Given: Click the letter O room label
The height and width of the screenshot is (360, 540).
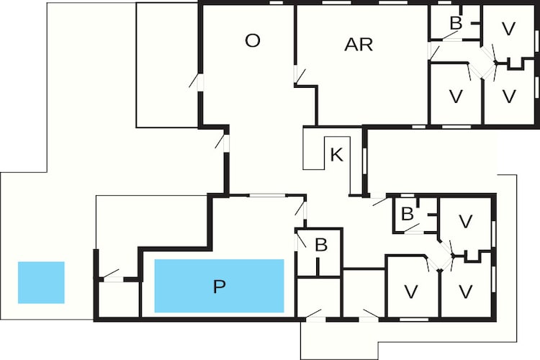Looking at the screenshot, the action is [x=253, y=40].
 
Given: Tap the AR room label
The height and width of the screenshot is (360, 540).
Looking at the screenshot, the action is [x=359, y=45].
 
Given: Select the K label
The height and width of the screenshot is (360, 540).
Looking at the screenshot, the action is [x=336, y=155].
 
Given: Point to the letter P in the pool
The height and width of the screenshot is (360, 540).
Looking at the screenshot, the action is [x=219, y=287].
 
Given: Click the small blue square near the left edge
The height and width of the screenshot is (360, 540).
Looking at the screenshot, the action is [x=41, y=282].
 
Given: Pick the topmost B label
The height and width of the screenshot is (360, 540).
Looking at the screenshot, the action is [x=456, y=23].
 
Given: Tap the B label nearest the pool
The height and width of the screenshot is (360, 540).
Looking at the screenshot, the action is [x=321, y=245].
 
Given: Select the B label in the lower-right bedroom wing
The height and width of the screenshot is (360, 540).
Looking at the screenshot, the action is [x=408, y=214].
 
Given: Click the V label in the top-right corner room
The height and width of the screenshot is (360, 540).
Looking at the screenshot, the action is [x=508, y=29].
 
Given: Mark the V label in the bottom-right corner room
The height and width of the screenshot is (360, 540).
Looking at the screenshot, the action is [x=466, y=292].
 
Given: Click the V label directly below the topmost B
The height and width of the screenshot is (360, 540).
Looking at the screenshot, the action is [x=456, y=96].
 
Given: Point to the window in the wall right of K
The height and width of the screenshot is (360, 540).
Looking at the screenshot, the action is [x=365, y=160].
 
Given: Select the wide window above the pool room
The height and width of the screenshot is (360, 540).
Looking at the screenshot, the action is [x=268, y=195].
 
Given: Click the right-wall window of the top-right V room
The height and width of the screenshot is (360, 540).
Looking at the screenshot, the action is [x=536, y=40].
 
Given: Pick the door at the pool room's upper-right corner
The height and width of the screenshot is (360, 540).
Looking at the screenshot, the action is [x=302, y=210].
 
